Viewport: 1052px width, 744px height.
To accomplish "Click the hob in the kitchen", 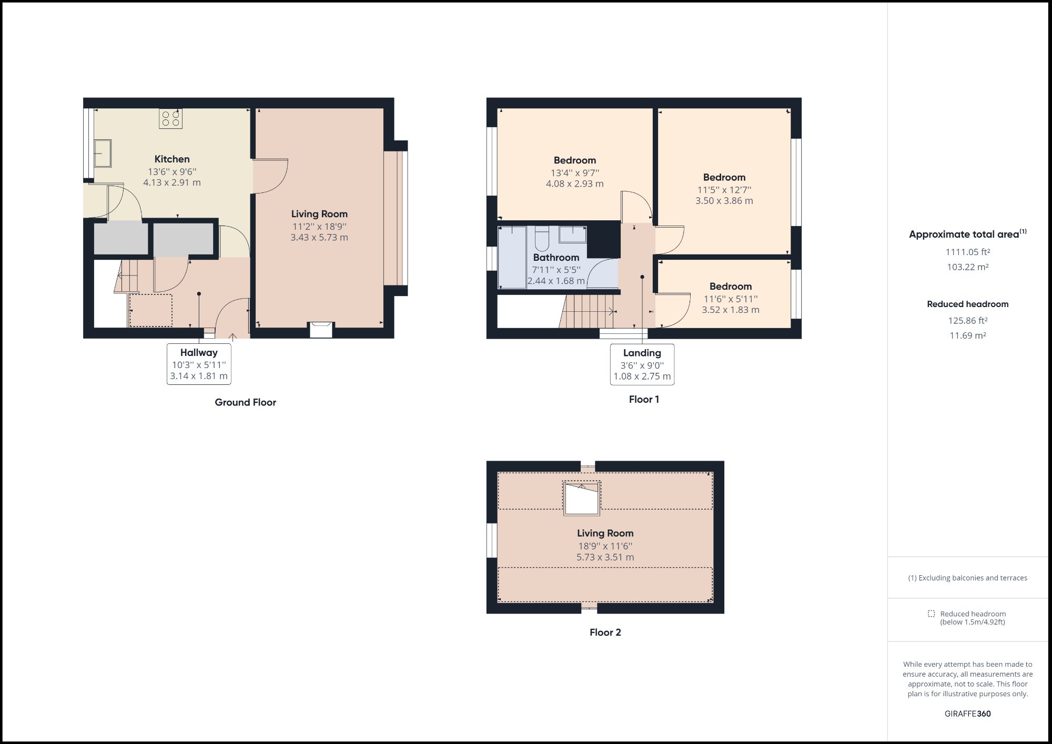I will (x=170, y=118).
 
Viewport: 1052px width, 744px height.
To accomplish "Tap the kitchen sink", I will (x=103, y=153).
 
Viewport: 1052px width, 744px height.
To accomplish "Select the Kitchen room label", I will (x=172, y=159).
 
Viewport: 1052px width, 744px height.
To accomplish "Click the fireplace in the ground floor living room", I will (x=321, y=330).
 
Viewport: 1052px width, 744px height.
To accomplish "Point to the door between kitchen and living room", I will (x=270, y=176).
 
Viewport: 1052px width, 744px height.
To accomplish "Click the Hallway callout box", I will (x=199, y=364).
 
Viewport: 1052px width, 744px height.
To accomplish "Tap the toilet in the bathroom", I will (x=542, y=239).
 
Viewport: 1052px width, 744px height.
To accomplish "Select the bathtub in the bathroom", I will (x=512, y=257).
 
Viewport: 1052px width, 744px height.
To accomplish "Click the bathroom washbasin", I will (x=572, y=234).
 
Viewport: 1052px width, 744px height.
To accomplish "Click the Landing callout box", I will (x=642, y=364).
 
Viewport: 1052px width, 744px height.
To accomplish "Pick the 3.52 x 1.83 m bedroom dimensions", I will (x=730, y=310).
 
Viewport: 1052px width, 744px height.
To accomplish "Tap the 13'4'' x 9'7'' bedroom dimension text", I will (x=574, y=173).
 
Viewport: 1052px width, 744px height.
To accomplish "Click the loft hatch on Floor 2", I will (x=581, y=498).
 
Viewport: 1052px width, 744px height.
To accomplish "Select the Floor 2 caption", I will (x=605, y=633).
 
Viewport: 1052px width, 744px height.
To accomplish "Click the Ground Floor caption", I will (x=245, y=402).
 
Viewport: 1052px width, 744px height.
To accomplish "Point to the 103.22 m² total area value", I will (x=967, y=267).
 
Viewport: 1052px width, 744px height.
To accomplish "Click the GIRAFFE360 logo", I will (x=967, y=714).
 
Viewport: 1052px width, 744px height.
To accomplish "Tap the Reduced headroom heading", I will (x=967, y=304).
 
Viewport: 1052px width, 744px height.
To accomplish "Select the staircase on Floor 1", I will (x=588, y=311).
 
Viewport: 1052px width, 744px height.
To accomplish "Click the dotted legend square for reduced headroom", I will (x=931, y=614).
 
